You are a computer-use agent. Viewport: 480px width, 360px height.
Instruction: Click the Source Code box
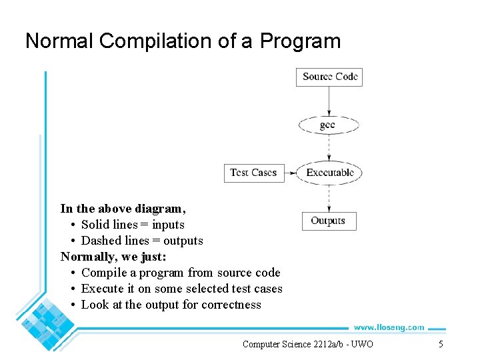(329, 77)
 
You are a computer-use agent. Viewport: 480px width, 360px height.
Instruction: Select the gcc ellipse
(328, 125)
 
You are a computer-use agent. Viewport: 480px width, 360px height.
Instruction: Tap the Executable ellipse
(329, 173)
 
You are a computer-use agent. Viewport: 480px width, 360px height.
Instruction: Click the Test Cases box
(253, 173)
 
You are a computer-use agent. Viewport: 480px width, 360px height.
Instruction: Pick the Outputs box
(328, 221)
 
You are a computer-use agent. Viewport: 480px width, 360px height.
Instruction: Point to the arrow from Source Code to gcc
(329, 101)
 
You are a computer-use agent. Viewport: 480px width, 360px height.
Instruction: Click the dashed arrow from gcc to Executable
(329, 147)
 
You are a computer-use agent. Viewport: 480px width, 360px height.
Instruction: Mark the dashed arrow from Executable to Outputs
(329, 198)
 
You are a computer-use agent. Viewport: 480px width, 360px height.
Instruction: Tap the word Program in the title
(300, 41)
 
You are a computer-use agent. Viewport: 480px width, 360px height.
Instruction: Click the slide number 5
(440, 344)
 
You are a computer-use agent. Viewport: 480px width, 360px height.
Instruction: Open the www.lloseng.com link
(388, 327)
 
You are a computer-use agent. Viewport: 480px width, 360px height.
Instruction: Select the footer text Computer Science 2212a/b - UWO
(308, 344)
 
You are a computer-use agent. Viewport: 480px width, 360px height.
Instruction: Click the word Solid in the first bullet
(95, 225)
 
